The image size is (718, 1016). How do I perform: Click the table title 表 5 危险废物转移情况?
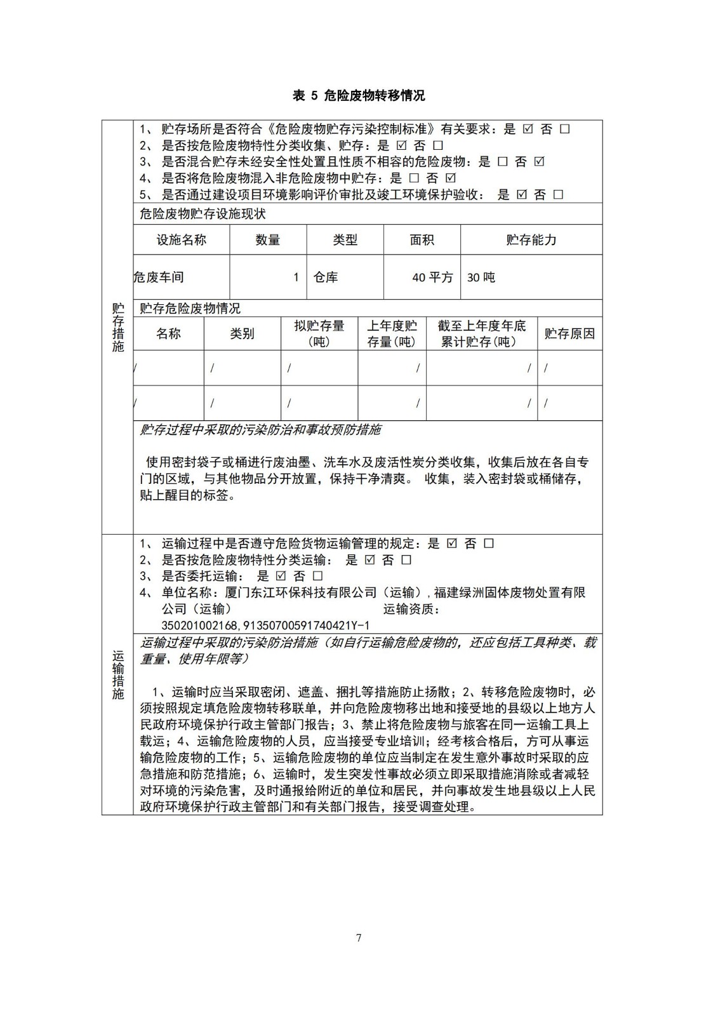359,96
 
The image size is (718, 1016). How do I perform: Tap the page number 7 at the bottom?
359,938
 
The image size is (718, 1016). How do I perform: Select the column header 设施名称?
182,240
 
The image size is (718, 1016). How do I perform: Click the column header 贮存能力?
531,240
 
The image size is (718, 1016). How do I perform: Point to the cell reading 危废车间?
159,277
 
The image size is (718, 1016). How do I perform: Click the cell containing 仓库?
326,277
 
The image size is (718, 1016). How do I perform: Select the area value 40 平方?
432,277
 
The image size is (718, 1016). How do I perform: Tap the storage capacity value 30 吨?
481,277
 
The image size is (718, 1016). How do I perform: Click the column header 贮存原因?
569,334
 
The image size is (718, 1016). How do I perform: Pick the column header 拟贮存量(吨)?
319,334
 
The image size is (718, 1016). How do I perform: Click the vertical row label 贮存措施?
118,328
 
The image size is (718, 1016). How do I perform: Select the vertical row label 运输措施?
118,675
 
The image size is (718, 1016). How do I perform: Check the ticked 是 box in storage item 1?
528,129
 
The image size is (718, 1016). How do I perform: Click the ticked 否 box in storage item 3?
539,162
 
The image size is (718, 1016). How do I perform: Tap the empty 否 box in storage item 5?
558,195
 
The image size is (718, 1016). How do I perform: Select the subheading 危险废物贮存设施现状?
203,214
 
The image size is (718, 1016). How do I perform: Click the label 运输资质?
411,610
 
